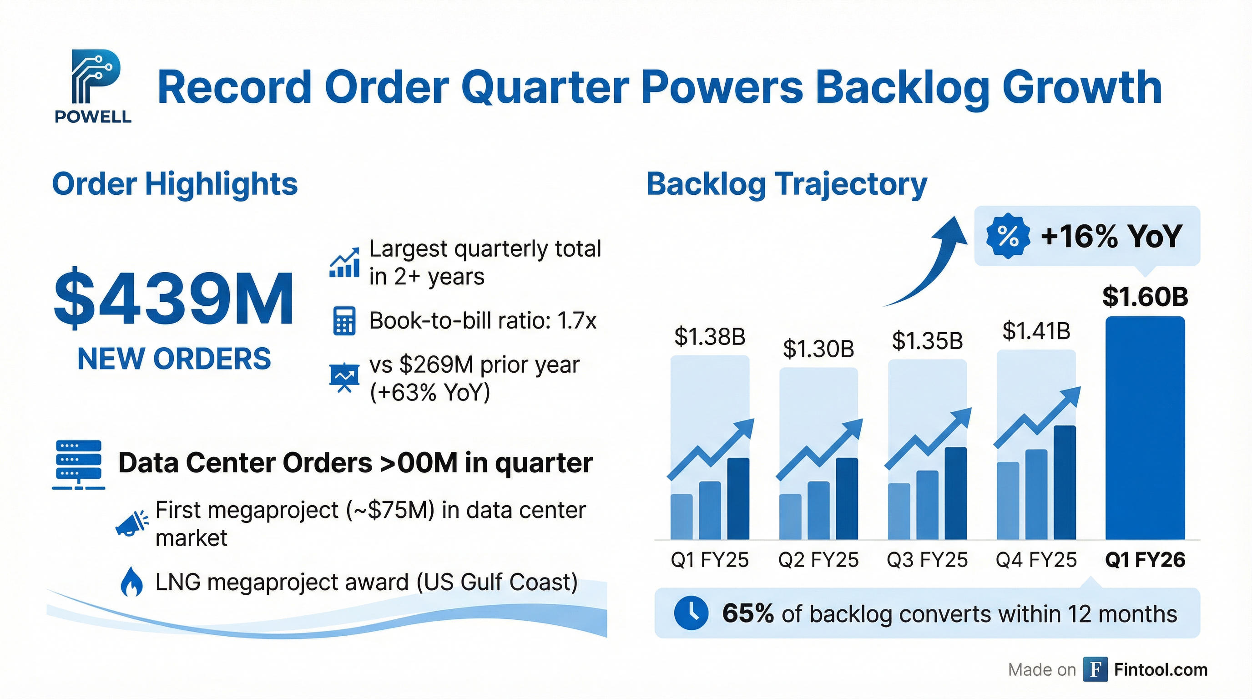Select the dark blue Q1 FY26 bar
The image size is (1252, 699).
[1145, 428]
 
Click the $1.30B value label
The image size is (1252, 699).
[818, 349]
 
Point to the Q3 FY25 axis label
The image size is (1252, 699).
[927, 560]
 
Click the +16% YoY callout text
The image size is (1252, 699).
[1111, 237]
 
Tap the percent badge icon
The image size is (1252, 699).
[1008, 236]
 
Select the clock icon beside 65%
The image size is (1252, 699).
[691, 613]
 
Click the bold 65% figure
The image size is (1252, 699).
[747, 613]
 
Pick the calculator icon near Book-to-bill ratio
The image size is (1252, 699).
[344, 321]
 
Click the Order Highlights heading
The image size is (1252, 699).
[175, 184]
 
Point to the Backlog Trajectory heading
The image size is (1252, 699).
[787, 184]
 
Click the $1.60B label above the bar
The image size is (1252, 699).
[1145, 297]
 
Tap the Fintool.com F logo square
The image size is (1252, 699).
[1095, 669]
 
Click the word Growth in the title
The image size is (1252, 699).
[1082, 87]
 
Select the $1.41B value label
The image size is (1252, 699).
[1036, 331]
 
